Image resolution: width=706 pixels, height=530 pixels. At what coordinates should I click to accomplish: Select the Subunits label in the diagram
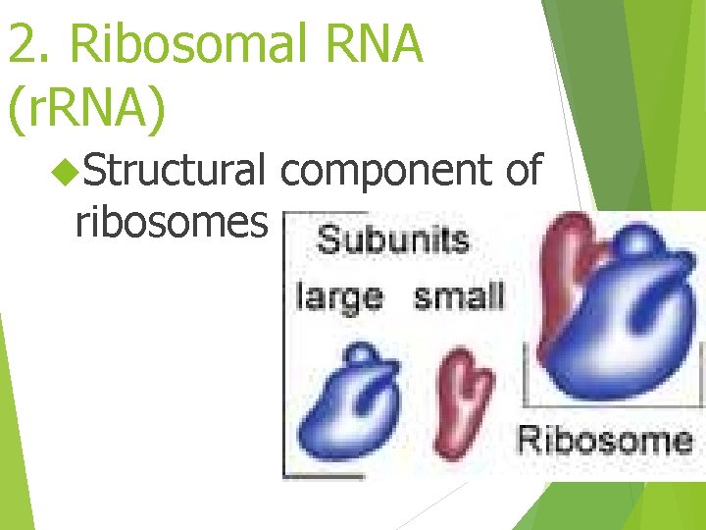point(393,240)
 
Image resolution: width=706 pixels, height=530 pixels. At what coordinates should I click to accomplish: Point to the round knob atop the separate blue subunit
point(362,354)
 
